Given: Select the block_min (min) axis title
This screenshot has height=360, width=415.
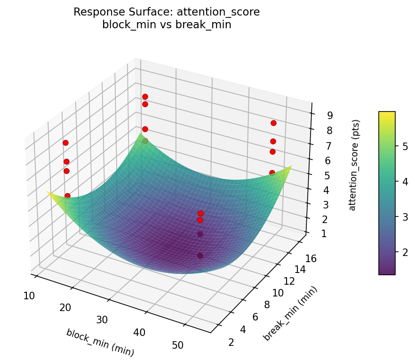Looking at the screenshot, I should click(x=100, y=342).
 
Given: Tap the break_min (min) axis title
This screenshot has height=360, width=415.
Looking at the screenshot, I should click(x=290, y=313).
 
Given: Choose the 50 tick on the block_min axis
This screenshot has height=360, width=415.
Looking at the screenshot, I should click(x=177, y=345).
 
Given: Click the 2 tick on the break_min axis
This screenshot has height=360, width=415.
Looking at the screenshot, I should click(x=231, y=342).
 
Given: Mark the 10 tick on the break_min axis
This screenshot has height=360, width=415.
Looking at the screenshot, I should click(x=278, y=293).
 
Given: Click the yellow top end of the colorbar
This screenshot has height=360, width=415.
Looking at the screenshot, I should click(x=387, y=113).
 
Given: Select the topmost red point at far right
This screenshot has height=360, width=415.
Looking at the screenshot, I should click(x=273, y=123).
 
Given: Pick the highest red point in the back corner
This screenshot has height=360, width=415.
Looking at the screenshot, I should click(x=145, y=96).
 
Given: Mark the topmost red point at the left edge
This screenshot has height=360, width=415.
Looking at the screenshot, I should click(x=65, y=143).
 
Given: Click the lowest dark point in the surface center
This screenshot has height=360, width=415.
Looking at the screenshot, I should click(x=200, y=256).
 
